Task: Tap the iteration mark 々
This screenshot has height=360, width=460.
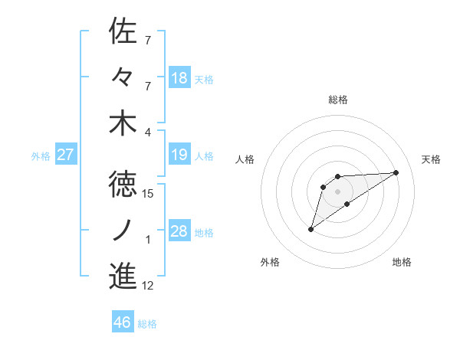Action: coord(123,77)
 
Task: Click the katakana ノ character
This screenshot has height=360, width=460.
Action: coord(123,228)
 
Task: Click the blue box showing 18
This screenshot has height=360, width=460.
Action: coord(179,78)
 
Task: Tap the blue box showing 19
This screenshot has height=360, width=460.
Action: coord(179,155)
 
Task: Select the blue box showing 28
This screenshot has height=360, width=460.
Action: coord(179,232)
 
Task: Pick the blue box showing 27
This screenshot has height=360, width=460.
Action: coord(66,155)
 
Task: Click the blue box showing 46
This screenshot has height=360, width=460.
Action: coord(123,323)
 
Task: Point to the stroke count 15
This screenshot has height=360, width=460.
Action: coord(148,194)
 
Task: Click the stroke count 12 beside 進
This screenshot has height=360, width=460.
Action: coord(148,286)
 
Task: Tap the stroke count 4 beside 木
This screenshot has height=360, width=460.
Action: coord(148,133)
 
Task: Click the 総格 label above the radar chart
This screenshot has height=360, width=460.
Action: coord(338,100)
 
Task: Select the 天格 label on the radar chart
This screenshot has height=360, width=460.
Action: coord(431,159)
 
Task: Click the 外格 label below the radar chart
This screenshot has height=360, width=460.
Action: coord(270,263)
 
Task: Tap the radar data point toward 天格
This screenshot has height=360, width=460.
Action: coord(396,172)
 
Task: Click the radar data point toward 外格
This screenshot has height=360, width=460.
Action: coord(310,229)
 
